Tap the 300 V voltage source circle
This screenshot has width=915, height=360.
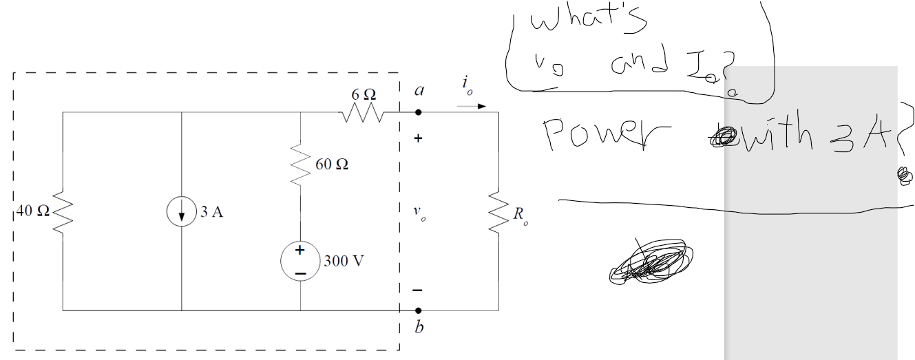pyautogui.click(x=301, y=262)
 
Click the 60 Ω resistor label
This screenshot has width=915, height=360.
pyautogui.click(x=333, y=165)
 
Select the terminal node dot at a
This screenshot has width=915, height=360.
pyautogui.click(x=418, y=112)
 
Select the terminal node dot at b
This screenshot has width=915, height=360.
pyautogui.click(x=418, y=310)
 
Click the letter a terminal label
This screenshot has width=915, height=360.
pyautogui.click(x=418, y=90)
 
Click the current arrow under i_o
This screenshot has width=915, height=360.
pyautogui.click(x=473, y=107)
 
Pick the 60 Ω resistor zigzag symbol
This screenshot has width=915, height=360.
pyautogui.click(x=301, y=165)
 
